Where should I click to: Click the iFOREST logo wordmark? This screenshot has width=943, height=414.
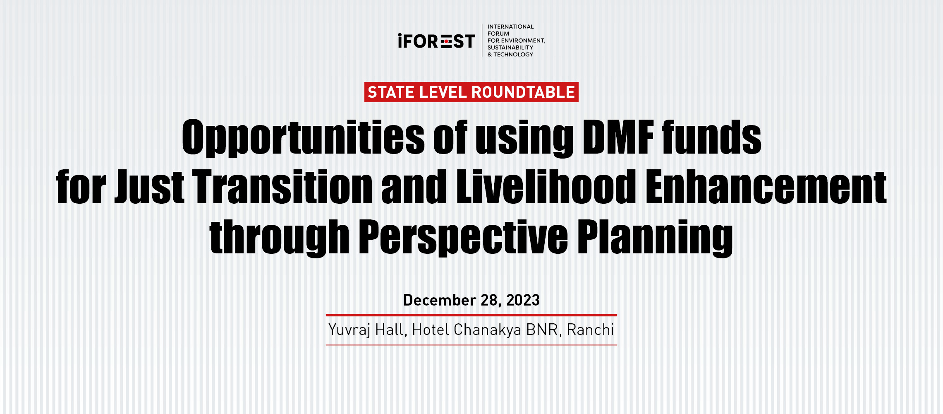click(x=436, y=41)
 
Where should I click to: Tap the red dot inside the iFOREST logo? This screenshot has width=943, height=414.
click(x=446, y=41)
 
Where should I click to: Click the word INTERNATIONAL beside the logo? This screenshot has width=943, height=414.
click(x=510, y=27)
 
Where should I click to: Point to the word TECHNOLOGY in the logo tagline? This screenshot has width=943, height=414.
click(x=513, y=54)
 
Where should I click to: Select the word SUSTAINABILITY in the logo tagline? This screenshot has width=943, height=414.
click(x=510, y=48)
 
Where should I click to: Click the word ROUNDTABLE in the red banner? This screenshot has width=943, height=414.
click(x=523, y=92)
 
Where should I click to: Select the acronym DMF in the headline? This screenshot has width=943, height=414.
click(x=618, y=137)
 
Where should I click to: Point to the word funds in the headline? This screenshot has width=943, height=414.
click(x=711, y=137)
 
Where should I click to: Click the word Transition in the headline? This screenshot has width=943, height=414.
click(x=282, y=187)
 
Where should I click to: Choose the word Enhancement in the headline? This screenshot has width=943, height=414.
click(x=766, y=187)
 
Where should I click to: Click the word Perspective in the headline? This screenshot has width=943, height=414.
click(x=463, y=238)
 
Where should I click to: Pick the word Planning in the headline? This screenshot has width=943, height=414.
click(x=655, y=238)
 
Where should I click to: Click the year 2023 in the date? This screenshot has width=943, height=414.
click(x=523, y=300)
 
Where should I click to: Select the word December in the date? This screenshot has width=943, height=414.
click(x=440, y=300)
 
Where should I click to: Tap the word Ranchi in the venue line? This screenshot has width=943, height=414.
click(x=590, y=330)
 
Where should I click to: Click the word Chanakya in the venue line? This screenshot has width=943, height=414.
click(x=488, y=330)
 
